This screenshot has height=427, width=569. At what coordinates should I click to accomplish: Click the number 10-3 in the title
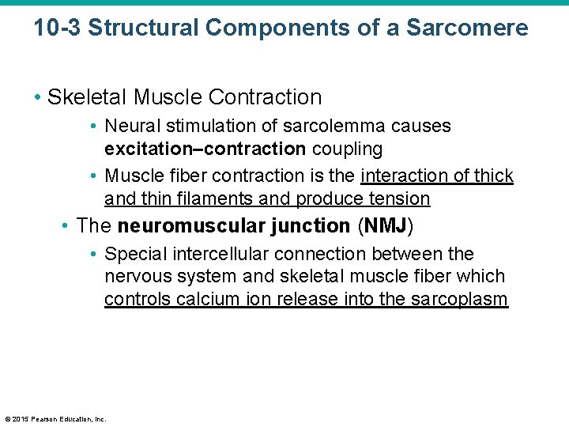(57, 28)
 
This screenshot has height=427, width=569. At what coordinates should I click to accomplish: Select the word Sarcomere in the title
(467, 28)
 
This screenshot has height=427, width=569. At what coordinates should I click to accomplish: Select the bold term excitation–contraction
(205, 149)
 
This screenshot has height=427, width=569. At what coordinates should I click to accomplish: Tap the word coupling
(347, 149)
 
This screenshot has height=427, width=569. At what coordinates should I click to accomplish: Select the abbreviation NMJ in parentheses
(385, 225)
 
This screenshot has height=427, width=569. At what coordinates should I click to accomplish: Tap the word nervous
(133, 277)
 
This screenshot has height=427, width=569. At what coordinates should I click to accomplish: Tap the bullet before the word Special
(93, 254)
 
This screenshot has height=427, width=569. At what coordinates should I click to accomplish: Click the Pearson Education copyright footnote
(55, 419)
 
